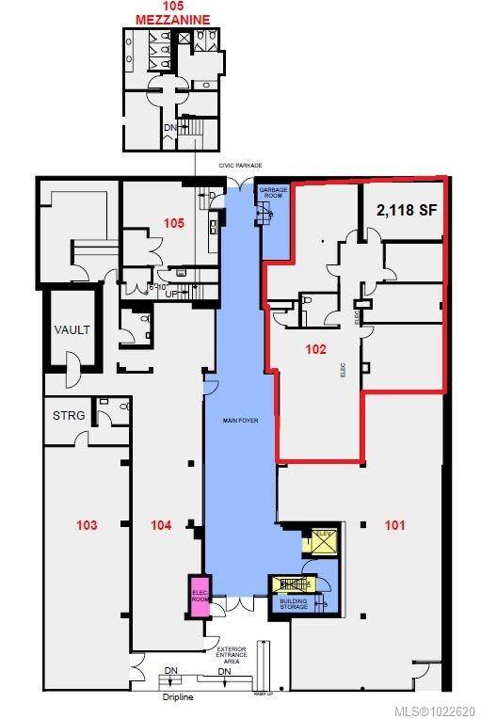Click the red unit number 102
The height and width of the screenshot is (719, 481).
coord(315,349)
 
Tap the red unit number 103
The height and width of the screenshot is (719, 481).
coord(86,524)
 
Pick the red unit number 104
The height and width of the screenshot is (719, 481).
coord(161,524)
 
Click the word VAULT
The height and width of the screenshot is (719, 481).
coord(72,330)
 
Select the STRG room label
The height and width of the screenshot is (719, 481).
coord(69,415)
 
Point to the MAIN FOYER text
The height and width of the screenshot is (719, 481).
coord(239,422)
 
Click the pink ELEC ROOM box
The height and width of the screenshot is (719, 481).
coord(200,597)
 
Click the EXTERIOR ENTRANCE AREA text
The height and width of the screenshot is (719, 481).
coord(231,655)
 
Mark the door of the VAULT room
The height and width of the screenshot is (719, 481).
coord(71,370)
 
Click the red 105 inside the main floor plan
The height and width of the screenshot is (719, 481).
coord(171,224)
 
